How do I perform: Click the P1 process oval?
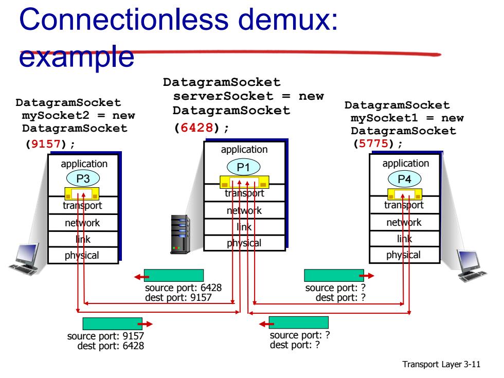coord(243,167)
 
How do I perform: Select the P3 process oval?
coord(83,178)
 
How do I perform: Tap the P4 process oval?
coord(404,179)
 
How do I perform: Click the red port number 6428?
coord(196,128)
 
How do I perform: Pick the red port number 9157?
coord(46,143)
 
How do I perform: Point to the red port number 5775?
coord(373,143)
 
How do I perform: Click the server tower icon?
coord(180,235)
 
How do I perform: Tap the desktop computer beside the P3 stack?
coord(25,260)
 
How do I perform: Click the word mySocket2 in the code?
coord(56,115)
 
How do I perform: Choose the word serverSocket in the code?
coord(223,96)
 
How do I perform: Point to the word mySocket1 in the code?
coord(385,118)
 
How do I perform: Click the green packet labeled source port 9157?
coord(113,323)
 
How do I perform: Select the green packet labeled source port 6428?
coord(174,276)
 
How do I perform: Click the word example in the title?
coord(77,57)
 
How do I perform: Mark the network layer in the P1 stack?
coord(244,210)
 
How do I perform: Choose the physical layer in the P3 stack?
coord(83,255)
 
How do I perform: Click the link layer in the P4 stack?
coord(404,239)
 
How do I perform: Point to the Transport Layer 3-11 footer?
coord(441,364)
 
